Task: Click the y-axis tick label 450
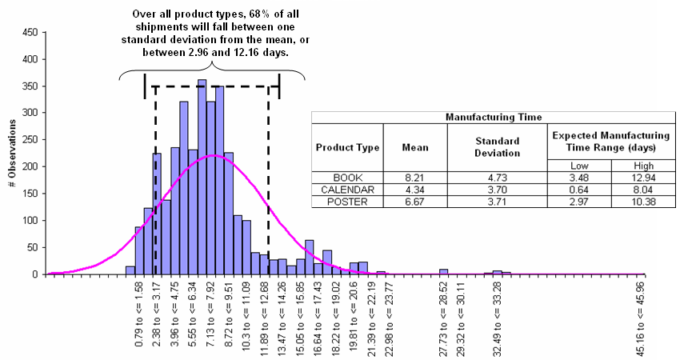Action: tap(29, 33)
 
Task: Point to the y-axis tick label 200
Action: tap(29, 166)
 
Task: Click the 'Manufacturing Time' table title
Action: tap(490, 117)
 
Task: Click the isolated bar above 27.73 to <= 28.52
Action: tap(443, 271)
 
